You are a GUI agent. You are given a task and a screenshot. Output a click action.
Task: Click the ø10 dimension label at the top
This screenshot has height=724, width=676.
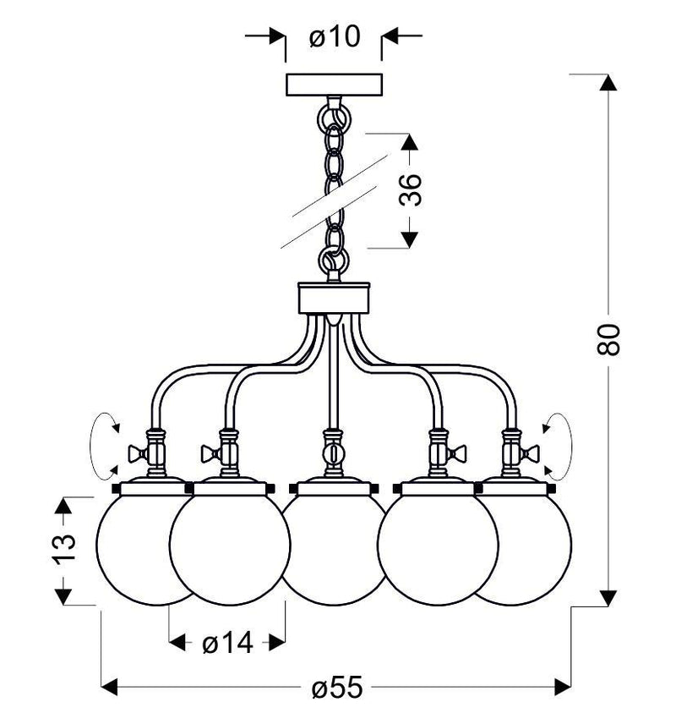point(335,37)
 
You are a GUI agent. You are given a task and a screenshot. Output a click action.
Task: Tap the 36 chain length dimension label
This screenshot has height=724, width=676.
point(411,191)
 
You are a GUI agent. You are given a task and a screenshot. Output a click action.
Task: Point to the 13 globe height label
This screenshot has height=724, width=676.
point(68,551)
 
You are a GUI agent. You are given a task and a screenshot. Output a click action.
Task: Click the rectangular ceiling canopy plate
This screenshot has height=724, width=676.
point(335,85)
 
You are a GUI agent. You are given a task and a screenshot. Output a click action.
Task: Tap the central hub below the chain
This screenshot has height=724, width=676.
point(335,297)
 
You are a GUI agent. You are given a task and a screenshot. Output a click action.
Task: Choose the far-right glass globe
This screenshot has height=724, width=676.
point(532,550)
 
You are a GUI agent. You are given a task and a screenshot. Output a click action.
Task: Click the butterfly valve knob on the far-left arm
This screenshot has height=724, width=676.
point(134,453)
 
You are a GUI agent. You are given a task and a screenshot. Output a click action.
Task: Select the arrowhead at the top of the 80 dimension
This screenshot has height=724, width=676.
point(607,82)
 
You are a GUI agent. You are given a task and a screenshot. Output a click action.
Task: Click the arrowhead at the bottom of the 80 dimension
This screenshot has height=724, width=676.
point(607,599)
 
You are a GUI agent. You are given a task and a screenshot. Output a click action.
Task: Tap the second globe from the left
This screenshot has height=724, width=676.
point(228,550)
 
